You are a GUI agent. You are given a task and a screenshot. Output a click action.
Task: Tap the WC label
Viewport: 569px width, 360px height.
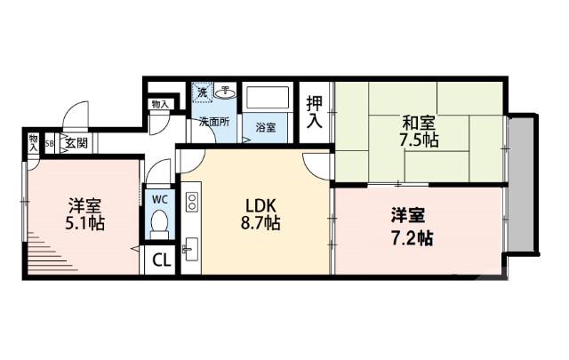(158, 198)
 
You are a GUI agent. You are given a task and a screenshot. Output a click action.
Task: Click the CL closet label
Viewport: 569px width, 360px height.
(160, 260)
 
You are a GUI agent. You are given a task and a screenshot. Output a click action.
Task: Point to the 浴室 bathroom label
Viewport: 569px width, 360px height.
(266, 127)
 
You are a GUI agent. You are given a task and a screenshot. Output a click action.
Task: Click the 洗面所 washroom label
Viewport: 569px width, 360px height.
(213, 122)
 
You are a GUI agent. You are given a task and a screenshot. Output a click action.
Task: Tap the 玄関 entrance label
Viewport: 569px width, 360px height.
(74, 142)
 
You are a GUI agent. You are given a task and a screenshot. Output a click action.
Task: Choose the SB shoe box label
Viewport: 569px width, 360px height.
(50, 142)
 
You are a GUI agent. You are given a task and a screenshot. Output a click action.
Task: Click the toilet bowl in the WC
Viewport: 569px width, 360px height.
(159, 227)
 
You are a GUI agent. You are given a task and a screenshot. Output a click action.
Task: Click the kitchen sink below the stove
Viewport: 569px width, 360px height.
(189, 245)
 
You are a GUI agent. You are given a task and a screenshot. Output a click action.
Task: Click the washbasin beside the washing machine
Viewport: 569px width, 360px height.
(226, 91)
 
